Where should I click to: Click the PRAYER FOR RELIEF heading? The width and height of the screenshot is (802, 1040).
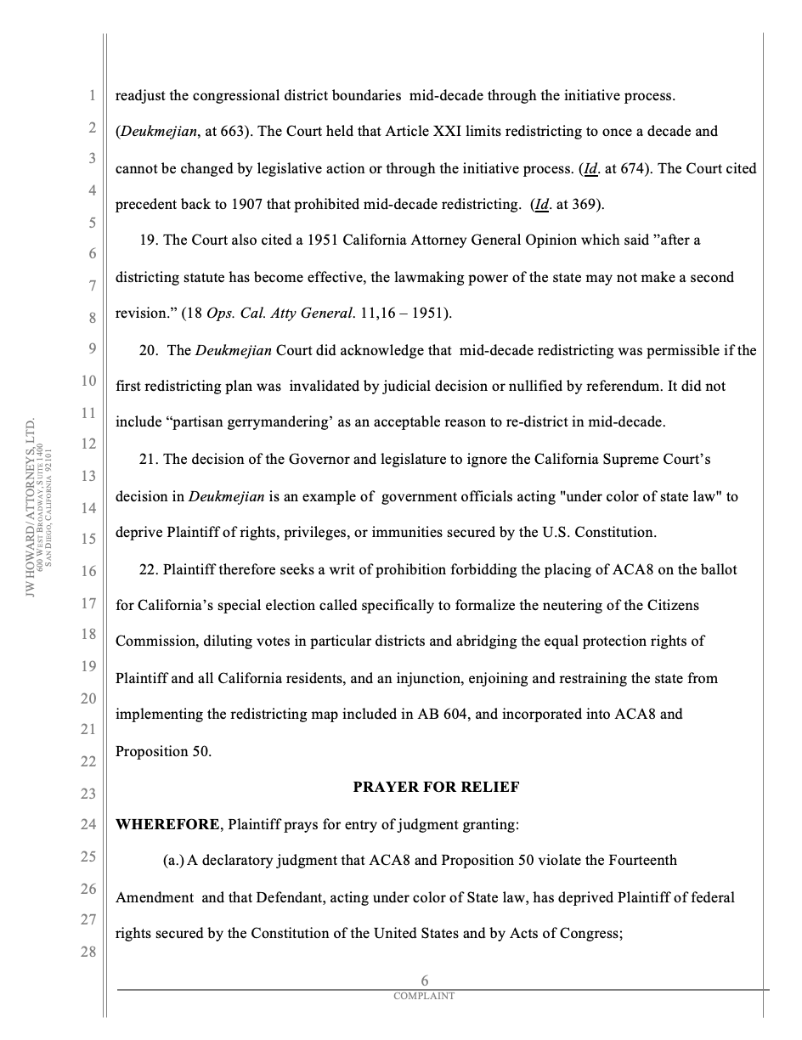pyautogui.click(x=436, y=788)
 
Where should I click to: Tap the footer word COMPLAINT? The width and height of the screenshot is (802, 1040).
pyautogui.click(x=424, y=996)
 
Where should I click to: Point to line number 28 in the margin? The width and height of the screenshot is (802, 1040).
pyautogui.click(x=88, y=952)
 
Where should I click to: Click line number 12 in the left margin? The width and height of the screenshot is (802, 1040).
pyautogui.click(x=88, y=444)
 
